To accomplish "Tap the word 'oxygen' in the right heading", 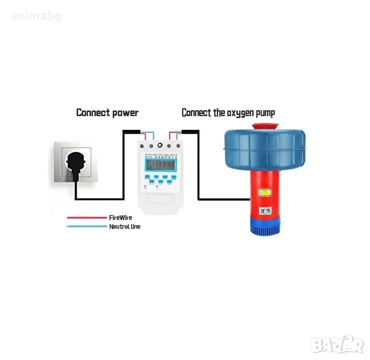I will coord(232,112).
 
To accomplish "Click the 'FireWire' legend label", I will coord(120,217).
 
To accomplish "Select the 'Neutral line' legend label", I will coord(125,226).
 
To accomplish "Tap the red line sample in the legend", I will coord(86,217).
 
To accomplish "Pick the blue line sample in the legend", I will coord(86,226).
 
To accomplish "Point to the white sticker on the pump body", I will coord(264,211).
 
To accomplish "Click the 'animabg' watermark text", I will coord(36,16).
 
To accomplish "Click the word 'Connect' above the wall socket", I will coord(91,112).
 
